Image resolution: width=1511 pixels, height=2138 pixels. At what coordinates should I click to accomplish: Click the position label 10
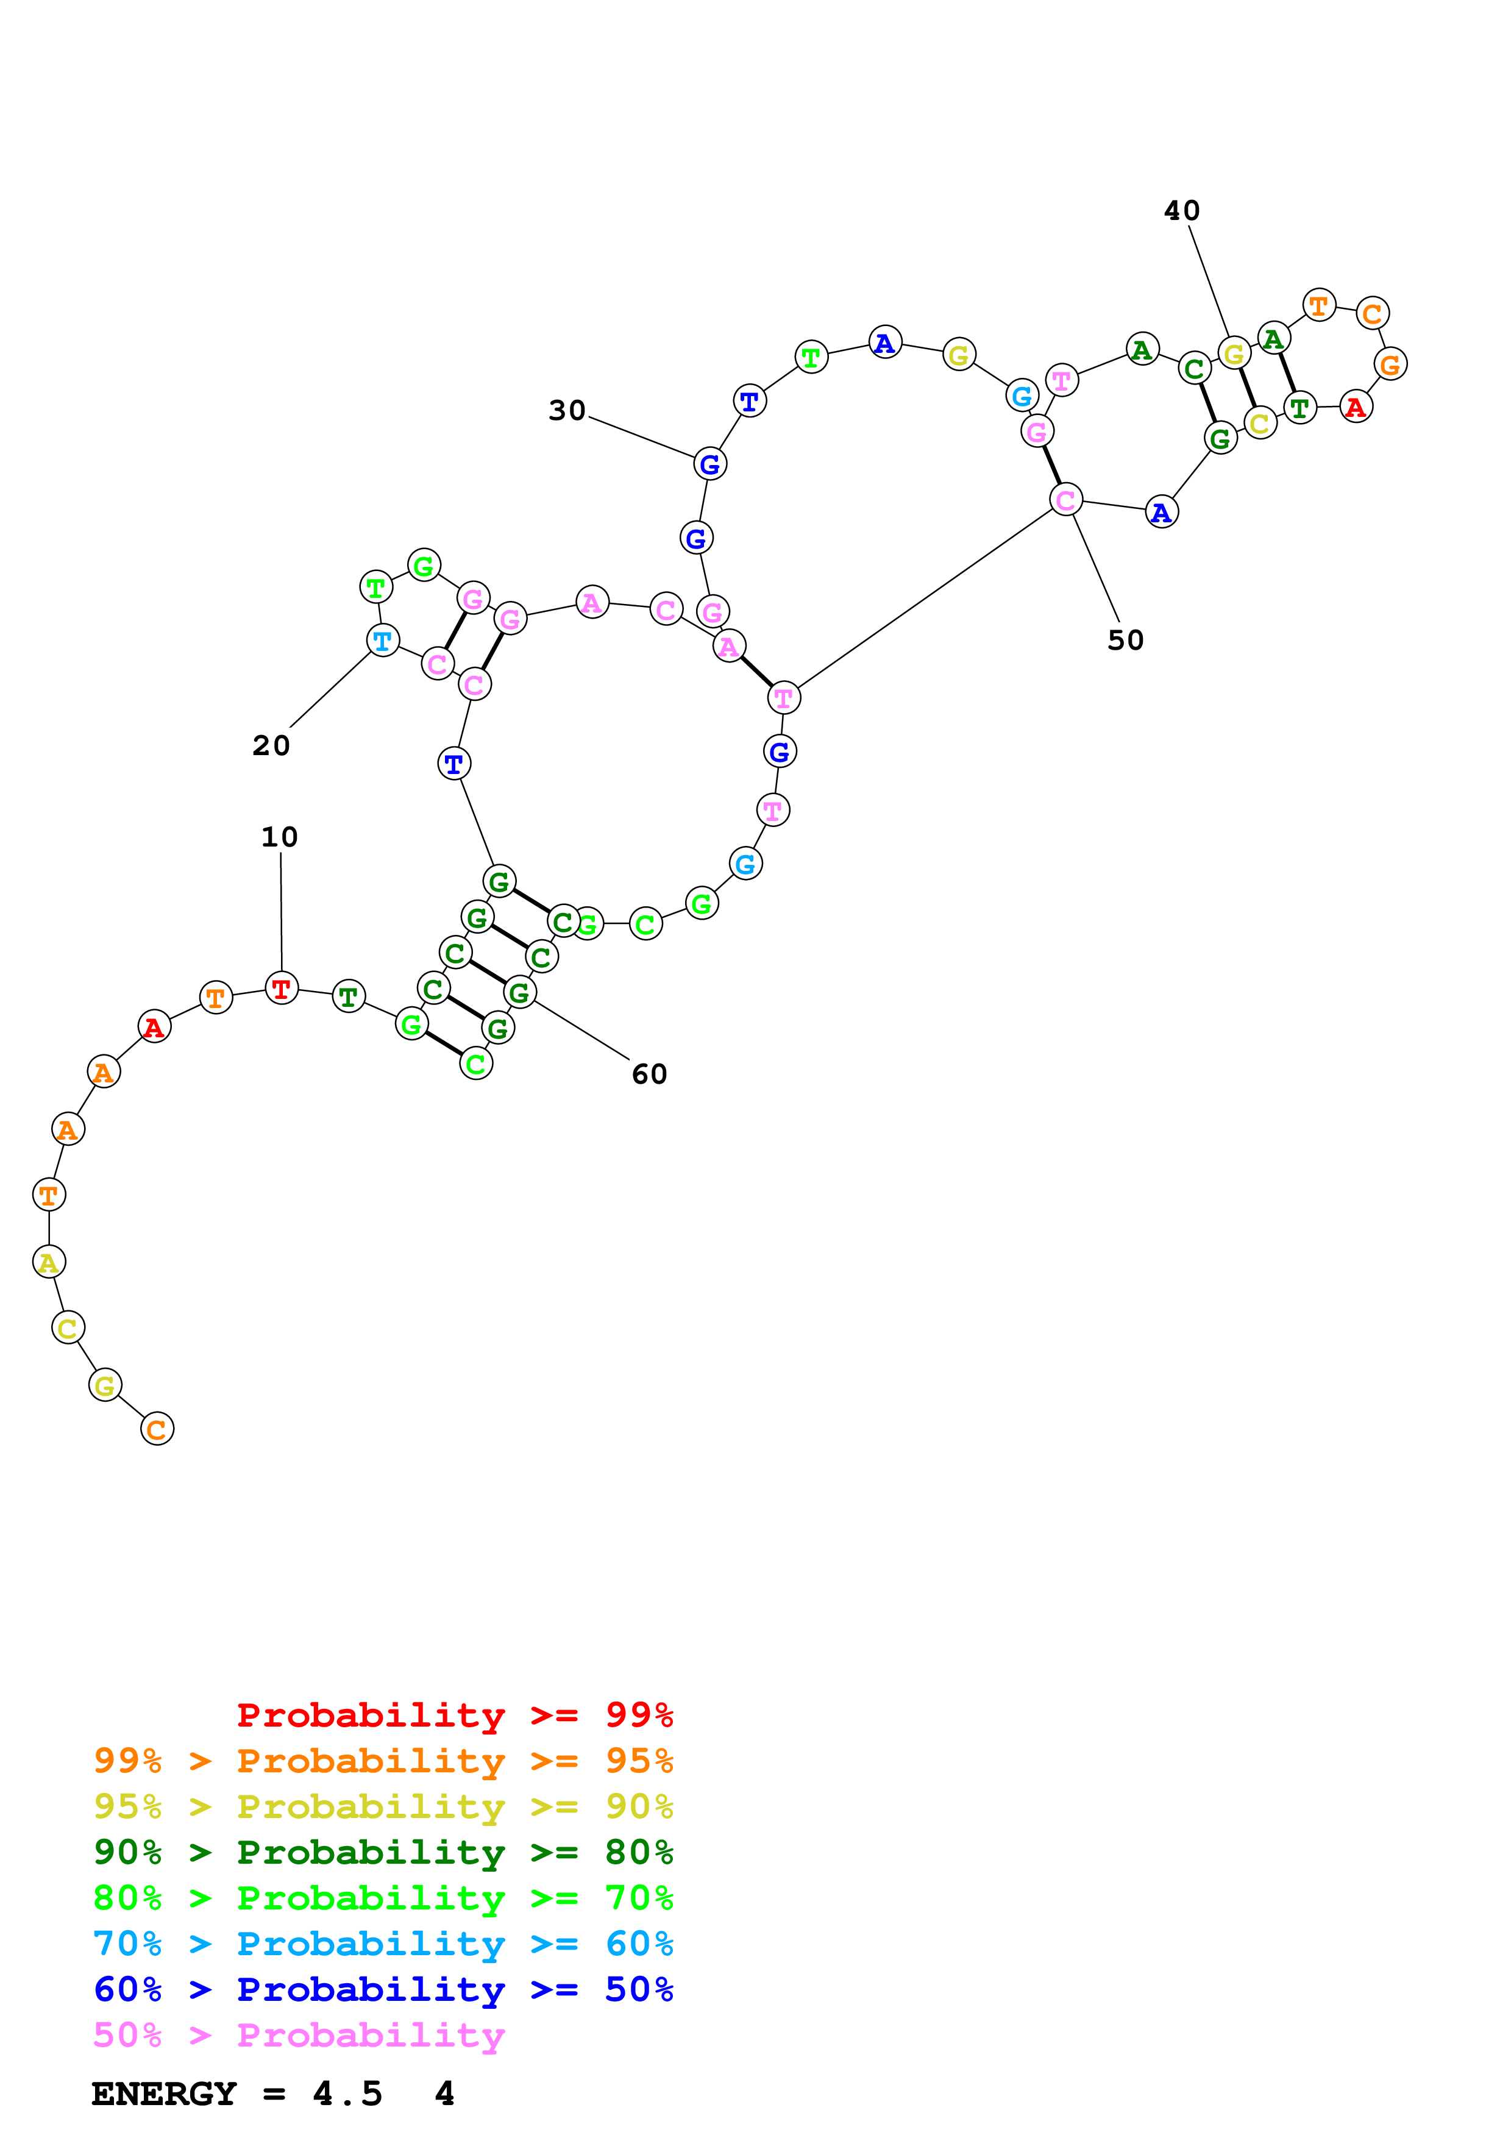click(x=279, y=837)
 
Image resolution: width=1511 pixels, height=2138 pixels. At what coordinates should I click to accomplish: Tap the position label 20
click(x=271, y=746)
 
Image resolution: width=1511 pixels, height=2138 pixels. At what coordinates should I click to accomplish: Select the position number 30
click(x=567, y=411)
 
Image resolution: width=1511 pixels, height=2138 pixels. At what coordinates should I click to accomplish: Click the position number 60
click(x=649, y=1074)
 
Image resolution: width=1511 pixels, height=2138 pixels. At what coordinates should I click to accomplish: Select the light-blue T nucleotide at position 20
click(x=383, y=641)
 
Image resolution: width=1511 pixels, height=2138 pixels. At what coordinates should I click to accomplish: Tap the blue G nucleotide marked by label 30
click(x=709, y=464)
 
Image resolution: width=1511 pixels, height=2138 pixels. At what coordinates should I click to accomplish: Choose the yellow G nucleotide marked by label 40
click(x=1234, y=354)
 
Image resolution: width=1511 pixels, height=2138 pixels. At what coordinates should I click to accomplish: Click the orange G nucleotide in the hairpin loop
click(x=1390, y=364)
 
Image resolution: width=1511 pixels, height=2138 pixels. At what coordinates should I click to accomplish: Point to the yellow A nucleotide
click(x=48, y=1263)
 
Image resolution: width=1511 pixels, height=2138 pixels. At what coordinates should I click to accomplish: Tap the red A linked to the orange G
click(x=1356, y=407)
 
